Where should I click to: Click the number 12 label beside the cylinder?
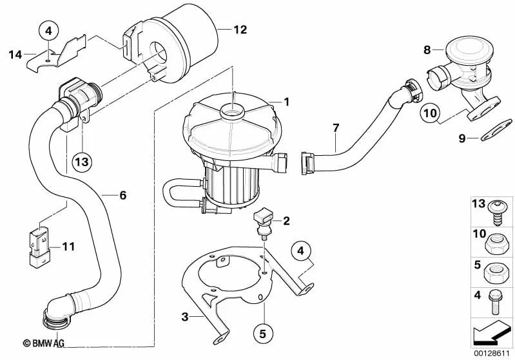(x=240, y=30)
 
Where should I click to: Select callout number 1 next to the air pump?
(x=286, y=102)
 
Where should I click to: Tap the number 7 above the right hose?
(x=335, y=128)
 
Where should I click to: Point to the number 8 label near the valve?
(x=427, y=50)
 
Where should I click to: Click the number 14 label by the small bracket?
(x=15, y=55)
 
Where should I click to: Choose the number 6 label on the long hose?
(x=122, y=196)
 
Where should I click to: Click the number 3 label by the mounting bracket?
(x=185, y=317)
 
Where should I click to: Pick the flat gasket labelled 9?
(x=496, y=130)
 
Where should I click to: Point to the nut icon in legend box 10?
(x=496, y=244)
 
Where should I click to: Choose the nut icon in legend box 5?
(x=496, y=273)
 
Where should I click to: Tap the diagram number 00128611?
(x=491, y=354)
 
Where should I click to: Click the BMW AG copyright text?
(x=43, y=343)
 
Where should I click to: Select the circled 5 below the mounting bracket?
(x=262, y=334)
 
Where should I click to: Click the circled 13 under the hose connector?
(x=82, y=162)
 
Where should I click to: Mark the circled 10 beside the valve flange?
(x=431, y=113)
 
